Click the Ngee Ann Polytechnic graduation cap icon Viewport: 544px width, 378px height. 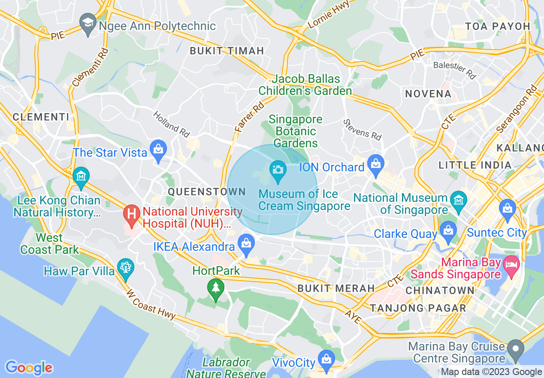[88, 21]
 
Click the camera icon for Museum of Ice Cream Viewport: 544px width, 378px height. [278, 169]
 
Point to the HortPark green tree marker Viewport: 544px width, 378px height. [215, 287]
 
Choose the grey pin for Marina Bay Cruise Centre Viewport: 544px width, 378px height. [516, 348]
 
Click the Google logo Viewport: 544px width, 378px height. [29, 367]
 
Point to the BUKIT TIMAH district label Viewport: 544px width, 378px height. [227, 51]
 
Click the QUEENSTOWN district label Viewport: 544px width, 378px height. [207, 192]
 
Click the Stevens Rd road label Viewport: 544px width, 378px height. [362, 129]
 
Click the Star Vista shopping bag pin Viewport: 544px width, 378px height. [159, 150]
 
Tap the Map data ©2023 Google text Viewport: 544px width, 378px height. [491, 372]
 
